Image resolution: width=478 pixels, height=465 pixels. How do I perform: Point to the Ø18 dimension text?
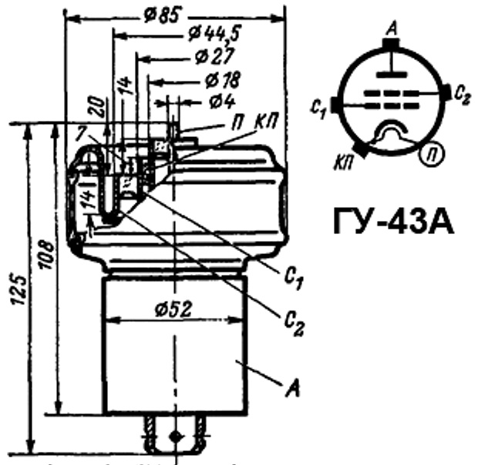click(x=224, y=79)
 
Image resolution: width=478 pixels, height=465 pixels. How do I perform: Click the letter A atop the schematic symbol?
click(x=394, y=28)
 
